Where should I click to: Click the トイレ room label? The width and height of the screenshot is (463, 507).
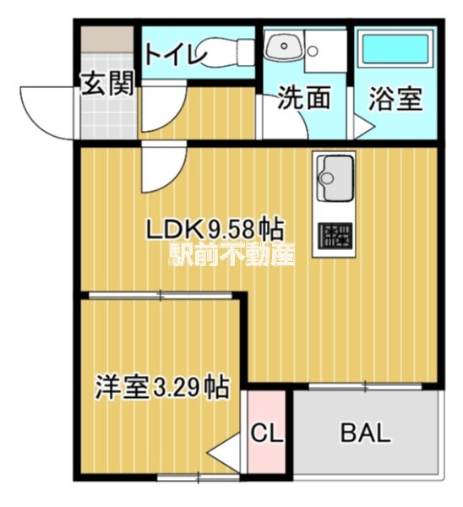pyautogui.click(x=175, y=55)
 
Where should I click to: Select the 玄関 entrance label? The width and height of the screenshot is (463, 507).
pyautogui.click(x=107, y=84)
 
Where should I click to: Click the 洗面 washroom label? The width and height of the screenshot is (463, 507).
pyautogui.click(x=303, y=99)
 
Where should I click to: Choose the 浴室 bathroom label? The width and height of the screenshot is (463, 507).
pyautogui.click(x=395, y=99)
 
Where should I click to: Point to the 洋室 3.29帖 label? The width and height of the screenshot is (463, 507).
pyautogui.click(x=161, y=388)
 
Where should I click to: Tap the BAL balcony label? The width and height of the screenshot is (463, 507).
pyautogui.click(x=365, y=434)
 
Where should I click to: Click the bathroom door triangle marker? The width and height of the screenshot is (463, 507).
pyautogui.click(x=362, y=128)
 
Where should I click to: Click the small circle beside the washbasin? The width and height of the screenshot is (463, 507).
pyautogui.click(x=312, y=51)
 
